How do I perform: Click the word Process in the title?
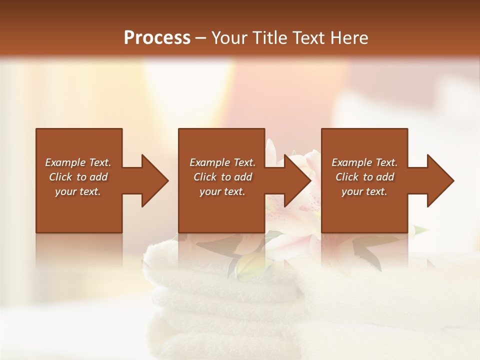[157, 37]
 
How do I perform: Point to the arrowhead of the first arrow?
[155, 180]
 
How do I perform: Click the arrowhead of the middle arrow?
[298, 180]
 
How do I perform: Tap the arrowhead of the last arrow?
[441, 180]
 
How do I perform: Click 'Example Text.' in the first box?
[78, 162]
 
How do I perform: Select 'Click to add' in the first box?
[78, 177]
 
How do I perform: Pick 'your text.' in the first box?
[78, 191]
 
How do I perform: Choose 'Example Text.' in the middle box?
[222, 162]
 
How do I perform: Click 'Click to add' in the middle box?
[222, 177]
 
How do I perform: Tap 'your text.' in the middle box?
[222, 191]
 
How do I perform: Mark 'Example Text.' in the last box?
[364, 162]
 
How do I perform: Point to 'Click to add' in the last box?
[364, 177]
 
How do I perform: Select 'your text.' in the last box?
[364, 191]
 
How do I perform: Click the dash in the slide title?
[201, 38]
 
